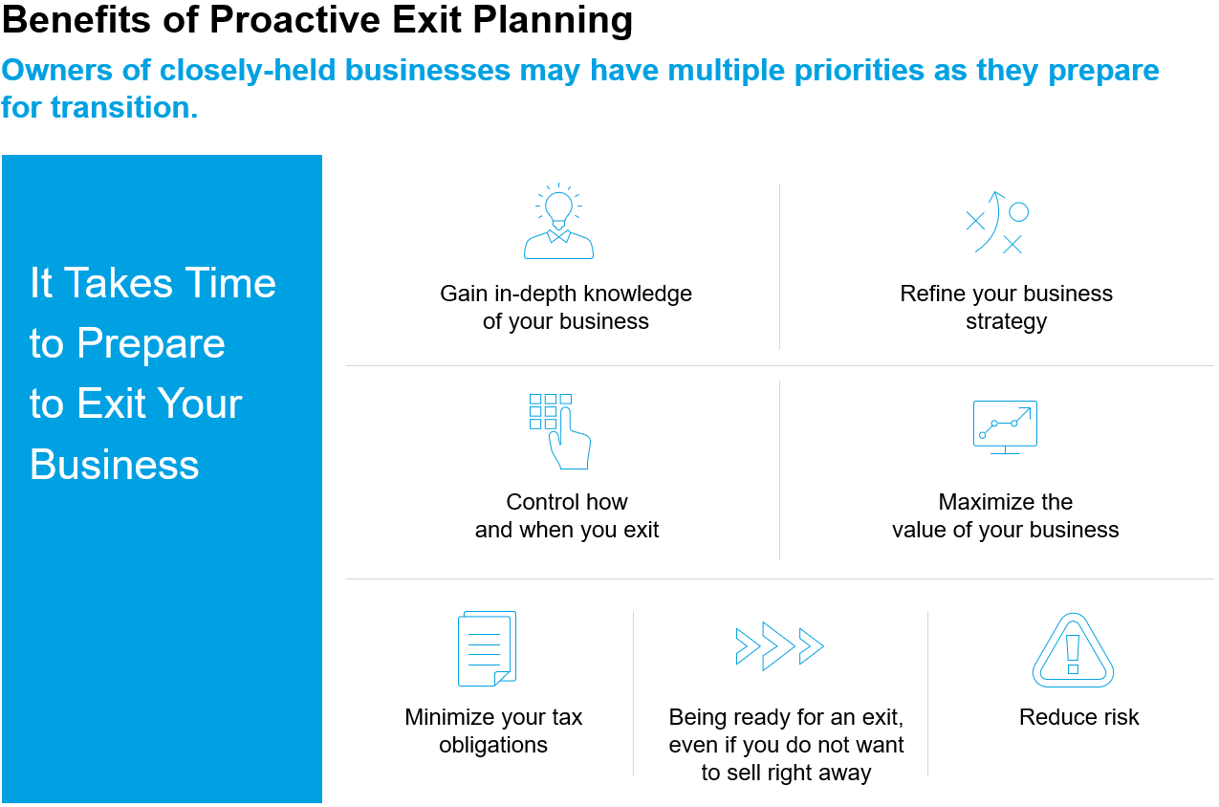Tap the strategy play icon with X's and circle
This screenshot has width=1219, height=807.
[x=997, y=223]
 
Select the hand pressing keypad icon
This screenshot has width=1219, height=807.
[x=560, y=431]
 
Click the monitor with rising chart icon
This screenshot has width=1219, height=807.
[x=1005, y=427]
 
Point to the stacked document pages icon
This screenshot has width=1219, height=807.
[x=487, y=648]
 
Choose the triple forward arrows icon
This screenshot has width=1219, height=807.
[x=779, y=646]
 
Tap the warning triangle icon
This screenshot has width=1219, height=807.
[x=1073, y=650]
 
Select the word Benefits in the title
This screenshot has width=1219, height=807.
[x=76, y=19]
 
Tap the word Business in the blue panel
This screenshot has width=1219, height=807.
[x=115, y=465]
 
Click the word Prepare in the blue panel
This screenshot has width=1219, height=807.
[x=151, y=344]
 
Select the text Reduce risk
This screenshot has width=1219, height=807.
[x=1078, y=717]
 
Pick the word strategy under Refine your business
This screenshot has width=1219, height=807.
[x=1006, y=322]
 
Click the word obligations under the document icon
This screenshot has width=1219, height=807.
[x=493, y=746]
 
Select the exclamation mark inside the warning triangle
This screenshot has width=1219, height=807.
[x=1073, y=654]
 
